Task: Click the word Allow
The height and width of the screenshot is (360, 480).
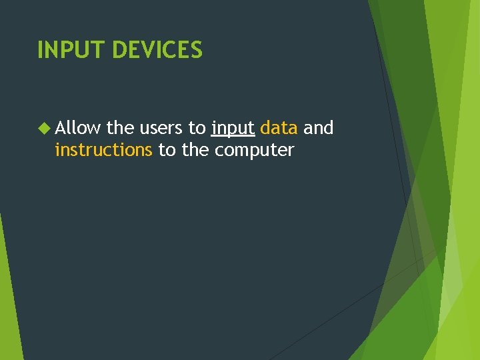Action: point(78,128)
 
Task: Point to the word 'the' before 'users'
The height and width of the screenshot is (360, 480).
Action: point(120,128)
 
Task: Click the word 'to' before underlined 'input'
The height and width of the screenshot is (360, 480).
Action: point(197,128)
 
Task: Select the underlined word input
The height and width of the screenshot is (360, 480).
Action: point(233,129)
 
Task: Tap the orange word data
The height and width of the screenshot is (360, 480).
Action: point(279,128)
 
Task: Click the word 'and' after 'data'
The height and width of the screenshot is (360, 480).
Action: point(318,128)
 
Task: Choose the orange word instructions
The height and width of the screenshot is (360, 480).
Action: point(103,150)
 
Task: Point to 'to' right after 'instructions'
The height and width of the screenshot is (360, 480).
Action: point(167,150)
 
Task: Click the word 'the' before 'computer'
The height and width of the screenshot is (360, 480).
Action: point(195,150)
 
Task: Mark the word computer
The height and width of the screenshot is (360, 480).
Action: point(254,151)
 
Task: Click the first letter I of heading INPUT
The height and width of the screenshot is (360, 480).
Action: point(40,50)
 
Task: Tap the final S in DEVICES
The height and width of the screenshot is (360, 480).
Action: point(197,50)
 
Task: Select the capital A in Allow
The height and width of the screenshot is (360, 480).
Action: point(61,128)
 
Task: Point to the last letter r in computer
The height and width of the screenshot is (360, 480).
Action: point(290,151)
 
